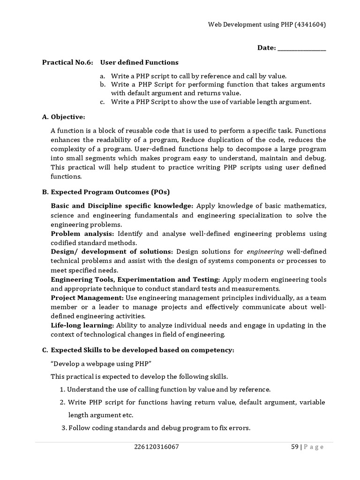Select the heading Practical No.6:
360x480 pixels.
[67, 62]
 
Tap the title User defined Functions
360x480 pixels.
[139, 62]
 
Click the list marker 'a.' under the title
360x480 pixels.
[102, 76]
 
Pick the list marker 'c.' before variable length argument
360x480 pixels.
[102, 102]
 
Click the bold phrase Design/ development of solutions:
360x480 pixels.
[112, 252]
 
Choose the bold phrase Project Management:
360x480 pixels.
[87, 298]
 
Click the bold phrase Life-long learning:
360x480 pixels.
[82, 325]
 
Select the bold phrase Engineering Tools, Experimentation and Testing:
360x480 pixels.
[135, 279]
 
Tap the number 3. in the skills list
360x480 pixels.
[65, 427]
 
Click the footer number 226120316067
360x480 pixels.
[157, 447]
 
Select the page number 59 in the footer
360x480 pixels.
[295, 447]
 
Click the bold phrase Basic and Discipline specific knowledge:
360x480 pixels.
[122, 206]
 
